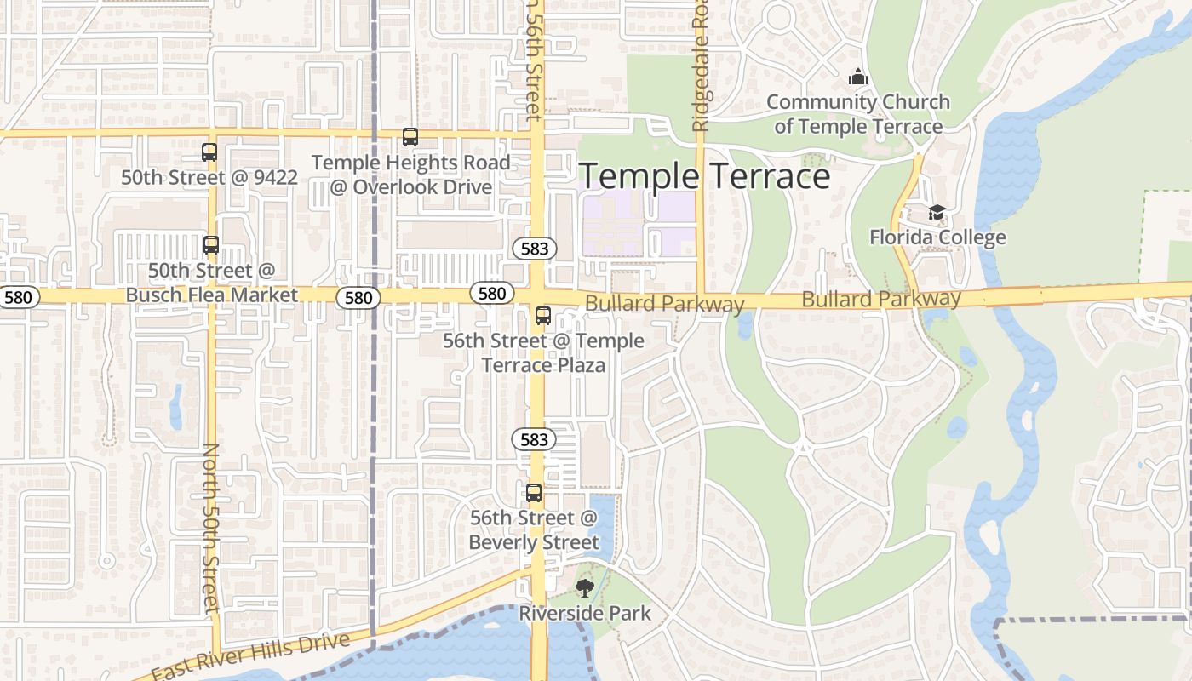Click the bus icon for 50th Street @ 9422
pyautogui.click(x=209, y=152)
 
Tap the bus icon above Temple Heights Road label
pyautogui.click(x=410, y=137)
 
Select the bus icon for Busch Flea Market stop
pyautogui.click(x=211, y=245)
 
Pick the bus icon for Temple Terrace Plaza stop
pyautogui.click(x=543, y=316)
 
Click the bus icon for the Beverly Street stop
pyautogui.click(x=534, y=493)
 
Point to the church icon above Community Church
pyautogui.click(x=857, y=77)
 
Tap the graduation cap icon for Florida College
pyautogui.click(x=937, y=212)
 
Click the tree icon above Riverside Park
pyautogui.click(x=585, y=587)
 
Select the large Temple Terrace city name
pyautogui.click(x=704, y=176)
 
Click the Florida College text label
pyautogui.click(x=937, y=237)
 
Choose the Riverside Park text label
pyautogui.click(x=585, y=613)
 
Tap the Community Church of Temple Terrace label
pyautogui.click(x=857, y=114)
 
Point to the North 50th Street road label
pyautogui.click(x=212, y=527)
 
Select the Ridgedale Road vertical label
pyautogui.click(x=701, y=66)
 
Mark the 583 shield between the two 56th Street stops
pyautogui.click(x=534, y=439)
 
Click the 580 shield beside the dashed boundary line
pyautogui.click(x=358, y=297)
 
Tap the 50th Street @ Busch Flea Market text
pyautogui.click(x=212, y=283)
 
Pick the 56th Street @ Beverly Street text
pyautogui.click(x=534, y=529)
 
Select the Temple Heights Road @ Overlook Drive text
pyautogui.click(x=410, y=175)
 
